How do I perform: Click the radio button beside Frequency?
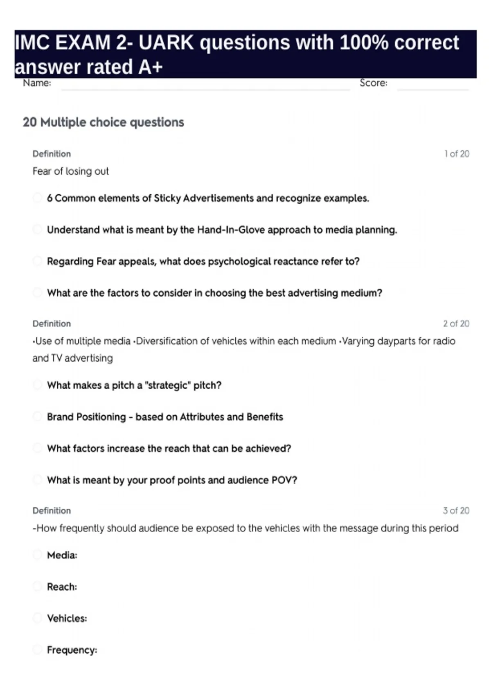pyautogui.click(x=37, y=650)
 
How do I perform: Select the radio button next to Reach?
pyautogui.click(x=37, y=586)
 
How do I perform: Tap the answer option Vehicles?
pyautogui.click(x=67, y=618)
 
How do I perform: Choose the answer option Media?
pyautogui.click(x=62, y=555)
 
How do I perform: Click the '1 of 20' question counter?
pyautogui.click(x=457, y=154)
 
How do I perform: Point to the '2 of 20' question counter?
pyautogui.click(x=456, y=323)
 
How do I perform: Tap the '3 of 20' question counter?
pyautogui.click(x=456, y=511)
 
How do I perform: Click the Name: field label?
pyautogui.click(x=37, y=83)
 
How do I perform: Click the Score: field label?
pyautogui.click(x=373, y=83)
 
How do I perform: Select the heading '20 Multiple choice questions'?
pyautogui.click(x=104, y=122)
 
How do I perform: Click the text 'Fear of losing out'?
pyautogui.click(x=71, y=171)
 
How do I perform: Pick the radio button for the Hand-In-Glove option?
pyautogui.click(x=37, y=229)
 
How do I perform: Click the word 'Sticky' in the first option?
pyautogui.click(x=167, y=198)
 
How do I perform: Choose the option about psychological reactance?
pyautogui.click(x=203, y=261)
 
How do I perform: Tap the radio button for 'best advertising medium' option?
pyautogui.click(x=37, y=293)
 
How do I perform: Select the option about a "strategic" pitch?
pyautogui.click(x=134, y=385)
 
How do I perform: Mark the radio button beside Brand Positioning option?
pyautogui.click(x=37, y=417)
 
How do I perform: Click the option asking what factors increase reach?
pyautogui.click(x=169, y=448)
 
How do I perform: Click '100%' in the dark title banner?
pyautogui.click(x=364, y=43)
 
